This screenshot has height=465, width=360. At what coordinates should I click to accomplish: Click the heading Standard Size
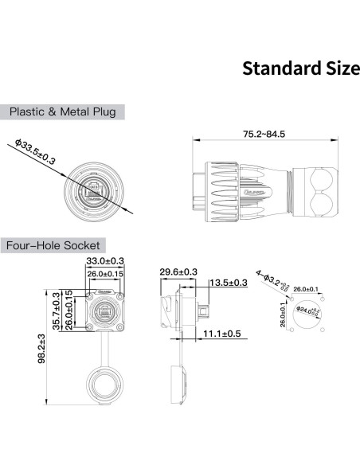pos(300,68)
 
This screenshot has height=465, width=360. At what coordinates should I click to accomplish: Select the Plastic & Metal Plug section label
pos(62,111)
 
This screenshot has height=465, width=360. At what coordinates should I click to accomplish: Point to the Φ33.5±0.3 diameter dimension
pos(36,153)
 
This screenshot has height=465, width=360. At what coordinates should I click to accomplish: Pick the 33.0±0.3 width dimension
pos(104,261)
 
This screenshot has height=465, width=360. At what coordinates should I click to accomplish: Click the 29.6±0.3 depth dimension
pos(178,272)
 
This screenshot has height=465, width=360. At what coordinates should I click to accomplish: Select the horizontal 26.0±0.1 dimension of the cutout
pos(307,289)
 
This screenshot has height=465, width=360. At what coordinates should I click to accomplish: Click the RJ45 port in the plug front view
pos(92,190)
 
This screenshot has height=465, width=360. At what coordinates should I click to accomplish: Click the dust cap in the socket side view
pos(181,385)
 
